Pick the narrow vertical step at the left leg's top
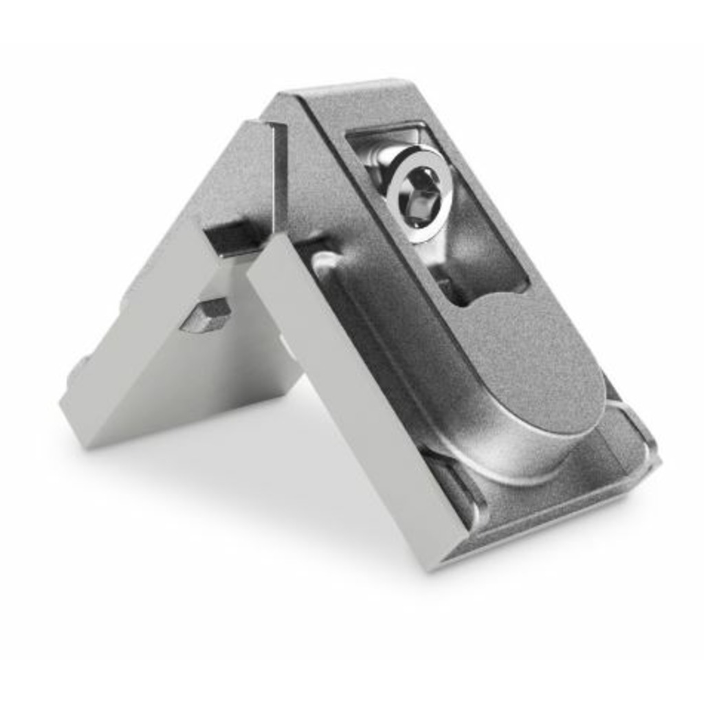(279, 172)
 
